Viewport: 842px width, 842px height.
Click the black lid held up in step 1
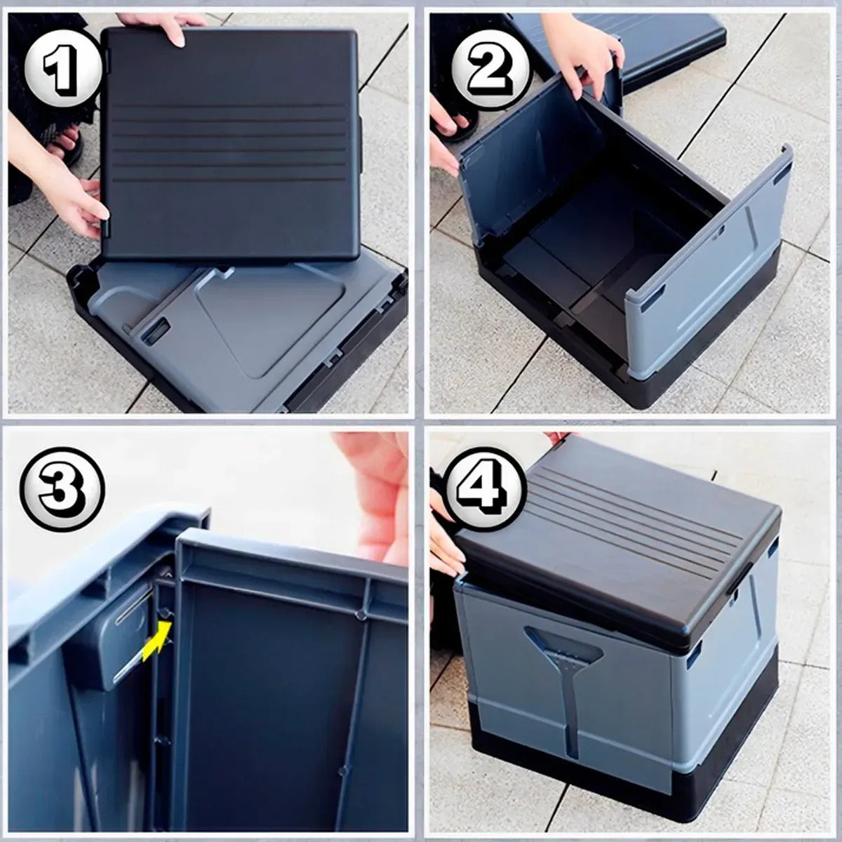point(232,145)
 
